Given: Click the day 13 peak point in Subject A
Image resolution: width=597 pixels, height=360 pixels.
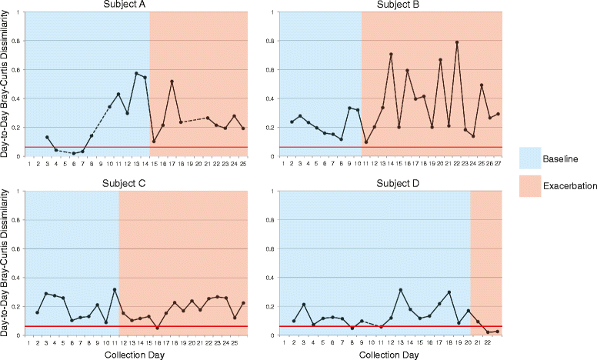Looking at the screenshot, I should (136, 73).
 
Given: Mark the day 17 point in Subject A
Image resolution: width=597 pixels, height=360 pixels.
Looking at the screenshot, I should (172, 82).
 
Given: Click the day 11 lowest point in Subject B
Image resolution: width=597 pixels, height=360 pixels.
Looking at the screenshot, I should (366, 142).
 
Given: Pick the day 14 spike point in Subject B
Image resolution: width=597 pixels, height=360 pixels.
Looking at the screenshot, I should (391, 55).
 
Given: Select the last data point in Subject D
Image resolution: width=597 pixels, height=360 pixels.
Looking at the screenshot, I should (497, 332).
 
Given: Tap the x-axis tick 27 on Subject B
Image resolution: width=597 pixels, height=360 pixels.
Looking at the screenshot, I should (498, 164).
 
